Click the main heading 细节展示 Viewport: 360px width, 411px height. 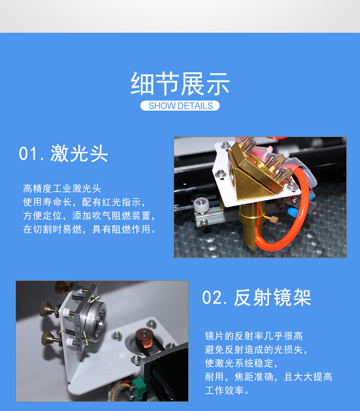180,84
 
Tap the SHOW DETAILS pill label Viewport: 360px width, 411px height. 180,106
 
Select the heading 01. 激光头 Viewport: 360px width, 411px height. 63,153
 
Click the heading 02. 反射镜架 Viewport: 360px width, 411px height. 257,298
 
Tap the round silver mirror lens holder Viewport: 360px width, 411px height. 98,319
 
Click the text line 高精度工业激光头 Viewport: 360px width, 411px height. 62,188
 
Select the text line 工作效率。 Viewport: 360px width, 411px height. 227,391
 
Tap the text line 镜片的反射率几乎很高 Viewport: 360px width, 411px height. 254,336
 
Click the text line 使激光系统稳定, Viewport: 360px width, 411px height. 242,363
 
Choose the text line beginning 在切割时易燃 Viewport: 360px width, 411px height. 90,229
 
